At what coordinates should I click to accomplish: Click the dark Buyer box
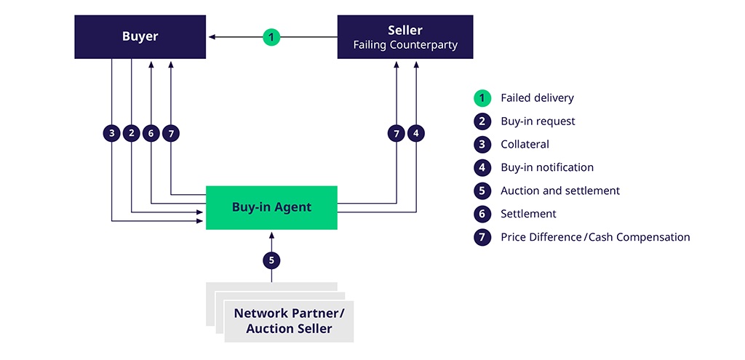click(140, 36)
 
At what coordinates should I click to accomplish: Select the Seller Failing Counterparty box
click(405, 36)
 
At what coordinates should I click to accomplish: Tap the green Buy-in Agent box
click(271, 207)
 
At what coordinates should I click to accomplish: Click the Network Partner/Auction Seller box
click(289, 321)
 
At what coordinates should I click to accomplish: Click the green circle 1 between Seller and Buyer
click(271, 36)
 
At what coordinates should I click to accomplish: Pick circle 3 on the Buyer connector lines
click(111, 133)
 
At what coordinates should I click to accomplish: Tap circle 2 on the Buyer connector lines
click(131, 133)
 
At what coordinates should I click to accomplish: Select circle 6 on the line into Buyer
click(151, 133)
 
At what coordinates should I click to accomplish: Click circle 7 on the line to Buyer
click(170, 133)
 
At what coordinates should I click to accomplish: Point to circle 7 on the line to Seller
click(397, 133)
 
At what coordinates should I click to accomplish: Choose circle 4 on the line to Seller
click(416, 133)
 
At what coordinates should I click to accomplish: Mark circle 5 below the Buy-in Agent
click(271, 260)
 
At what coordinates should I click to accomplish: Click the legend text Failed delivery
click(537, 97)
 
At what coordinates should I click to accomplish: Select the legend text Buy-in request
click(538, 121)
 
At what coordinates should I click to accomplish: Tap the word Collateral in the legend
click(525, 144)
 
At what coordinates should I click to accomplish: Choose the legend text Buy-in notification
click(547, 167)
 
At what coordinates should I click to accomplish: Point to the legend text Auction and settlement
click(560, 191)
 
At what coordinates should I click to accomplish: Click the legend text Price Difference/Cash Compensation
click(595, 237)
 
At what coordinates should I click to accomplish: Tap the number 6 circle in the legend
click(482, 214)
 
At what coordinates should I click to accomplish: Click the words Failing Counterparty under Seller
click(405, 45)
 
